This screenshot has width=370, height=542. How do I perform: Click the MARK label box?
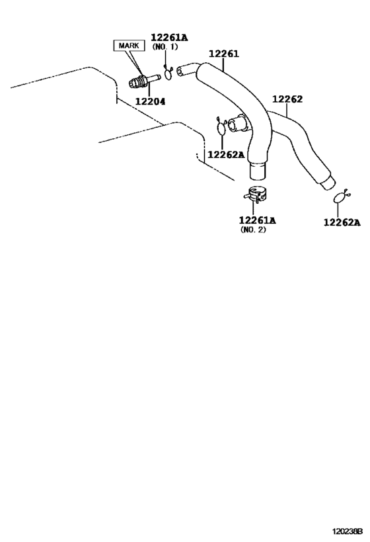click(129, 46)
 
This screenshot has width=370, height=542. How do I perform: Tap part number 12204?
click(150, 102)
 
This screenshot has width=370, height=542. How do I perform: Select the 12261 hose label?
click(224, 54)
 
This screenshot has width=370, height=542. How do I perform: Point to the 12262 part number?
click(287, 99)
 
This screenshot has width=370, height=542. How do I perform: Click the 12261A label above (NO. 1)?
click(169, 38)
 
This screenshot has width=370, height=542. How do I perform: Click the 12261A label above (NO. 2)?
click(258, 220)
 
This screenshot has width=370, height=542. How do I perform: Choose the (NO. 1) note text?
click(165, 47)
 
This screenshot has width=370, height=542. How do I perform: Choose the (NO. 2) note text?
click(253, 230)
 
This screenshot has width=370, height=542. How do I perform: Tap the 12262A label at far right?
click(342, 223)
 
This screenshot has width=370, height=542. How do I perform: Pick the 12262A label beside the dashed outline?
click(226, 154)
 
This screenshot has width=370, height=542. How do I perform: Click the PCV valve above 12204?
click(144, 81)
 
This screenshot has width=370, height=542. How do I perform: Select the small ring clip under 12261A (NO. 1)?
click(168, 73)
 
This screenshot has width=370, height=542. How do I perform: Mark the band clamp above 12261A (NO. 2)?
click(256, 195)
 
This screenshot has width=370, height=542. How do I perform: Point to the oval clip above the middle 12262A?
click(221, 127)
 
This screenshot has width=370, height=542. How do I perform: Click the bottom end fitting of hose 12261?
click(258, 171)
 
